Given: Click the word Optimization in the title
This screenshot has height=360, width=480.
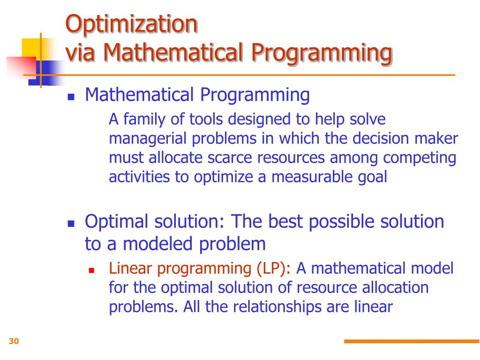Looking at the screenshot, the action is tap(132, 24).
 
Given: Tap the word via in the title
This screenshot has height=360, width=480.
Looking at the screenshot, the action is tap(80, 52).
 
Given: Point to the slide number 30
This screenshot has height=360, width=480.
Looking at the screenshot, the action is tap(14, 341).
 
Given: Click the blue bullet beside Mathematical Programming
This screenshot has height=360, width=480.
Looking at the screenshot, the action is tap(71, 97).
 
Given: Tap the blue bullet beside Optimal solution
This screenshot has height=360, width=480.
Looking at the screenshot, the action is tap(71, 224).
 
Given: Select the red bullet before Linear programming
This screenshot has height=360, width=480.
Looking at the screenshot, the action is tap(91, 270).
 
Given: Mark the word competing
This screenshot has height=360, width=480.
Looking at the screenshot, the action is tap(420, 158).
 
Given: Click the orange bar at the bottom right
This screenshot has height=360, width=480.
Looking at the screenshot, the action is tap(412, 341).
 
